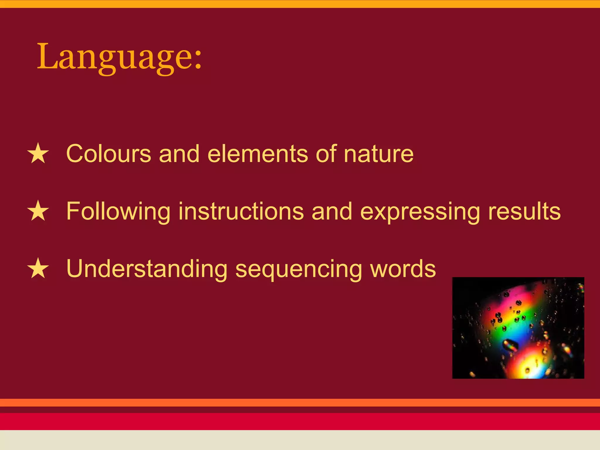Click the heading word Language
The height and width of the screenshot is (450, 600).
pos(113,57)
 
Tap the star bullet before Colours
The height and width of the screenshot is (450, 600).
pos(38,154)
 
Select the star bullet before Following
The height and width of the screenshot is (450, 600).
pos(38,211)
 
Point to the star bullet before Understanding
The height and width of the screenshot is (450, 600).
pos(38,269)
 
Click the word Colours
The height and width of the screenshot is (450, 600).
pos(108,154)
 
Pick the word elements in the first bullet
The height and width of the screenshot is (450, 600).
pos(258,154)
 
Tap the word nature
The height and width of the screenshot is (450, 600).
pos(379,154)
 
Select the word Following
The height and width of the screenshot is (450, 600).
pos(118,211)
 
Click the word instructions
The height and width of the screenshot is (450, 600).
pos(241,211)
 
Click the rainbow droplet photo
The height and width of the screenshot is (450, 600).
pos(518,328)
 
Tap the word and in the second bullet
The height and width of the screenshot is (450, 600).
pos(332,211)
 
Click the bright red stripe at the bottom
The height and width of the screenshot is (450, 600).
pos(300,421)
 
